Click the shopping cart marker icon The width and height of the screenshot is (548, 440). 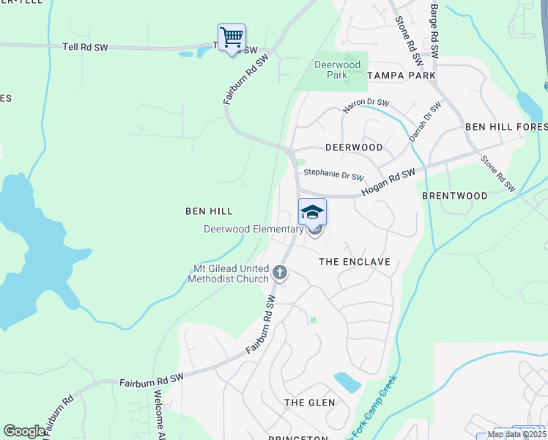click(232, 37)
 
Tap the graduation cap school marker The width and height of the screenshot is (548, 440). click(312, 212)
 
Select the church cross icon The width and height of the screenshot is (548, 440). click(279, 274)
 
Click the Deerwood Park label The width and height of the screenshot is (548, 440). click(337, 70)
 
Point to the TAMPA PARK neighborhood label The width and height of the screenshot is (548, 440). click(401, 76)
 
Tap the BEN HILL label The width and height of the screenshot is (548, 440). click(209, 211)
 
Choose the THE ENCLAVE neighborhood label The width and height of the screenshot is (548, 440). click(355, 262)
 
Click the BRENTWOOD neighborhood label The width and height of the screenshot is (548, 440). click(455, 196)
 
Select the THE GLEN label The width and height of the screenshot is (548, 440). click(310, 403)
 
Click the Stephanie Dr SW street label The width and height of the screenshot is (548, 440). click(333, 175)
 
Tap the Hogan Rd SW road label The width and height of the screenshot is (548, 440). click(388, 182)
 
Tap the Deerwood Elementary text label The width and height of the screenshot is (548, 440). click(253, 230)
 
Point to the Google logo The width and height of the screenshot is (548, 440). click(24, 431)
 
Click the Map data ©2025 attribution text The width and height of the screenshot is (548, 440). click(516, 434)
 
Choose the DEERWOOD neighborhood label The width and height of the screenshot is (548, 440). click(353, 147)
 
